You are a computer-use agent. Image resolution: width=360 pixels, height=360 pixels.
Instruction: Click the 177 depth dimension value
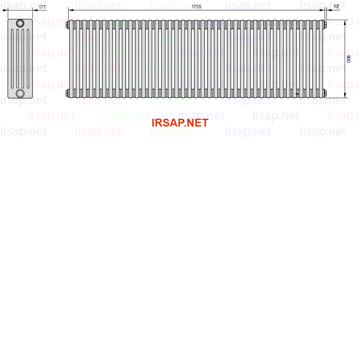[x=42, y=7]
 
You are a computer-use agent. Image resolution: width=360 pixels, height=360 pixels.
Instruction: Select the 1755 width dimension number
[x=197, y=7]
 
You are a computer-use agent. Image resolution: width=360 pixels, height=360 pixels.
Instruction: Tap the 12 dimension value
[x=336, y=7]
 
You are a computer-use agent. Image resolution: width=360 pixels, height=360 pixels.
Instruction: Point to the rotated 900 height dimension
[x=349, y=59]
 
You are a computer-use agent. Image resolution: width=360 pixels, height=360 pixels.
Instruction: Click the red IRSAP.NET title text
[x=180, y=123]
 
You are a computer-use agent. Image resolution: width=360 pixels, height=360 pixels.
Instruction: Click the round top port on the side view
[x=20, y=23]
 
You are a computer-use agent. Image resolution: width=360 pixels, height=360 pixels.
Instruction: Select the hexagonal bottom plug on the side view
[x=20, y=93]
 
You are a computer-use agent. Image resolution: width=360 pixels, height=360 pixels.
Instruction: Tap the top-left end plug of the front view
[x=67, y=25]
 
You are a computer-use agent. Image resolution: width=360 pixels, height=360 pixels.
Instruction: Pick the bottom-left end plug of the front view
[x=67, y=93]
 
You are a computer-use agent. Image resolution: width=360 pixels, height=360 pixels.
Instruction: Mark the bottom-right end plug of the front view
[x=325, y=93]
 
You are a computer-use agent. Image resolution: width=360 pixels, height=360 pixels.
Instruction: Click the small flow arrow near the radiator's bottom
[x=297, y=94]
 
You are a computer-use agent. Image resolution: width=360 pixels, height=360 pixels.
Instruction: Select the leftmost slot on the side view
[x=12, y=59]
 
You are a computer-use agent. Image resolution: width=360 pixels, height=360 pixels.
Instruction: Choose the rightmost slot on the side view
[x=28, y=59]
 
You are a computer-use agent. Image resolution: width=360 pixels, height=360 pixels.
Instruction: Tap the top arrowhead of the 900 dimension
[x=345, y=23]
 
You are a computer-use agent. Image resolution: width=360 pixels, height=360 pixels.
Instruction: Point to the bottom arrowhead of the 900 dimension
[x=345, y=95]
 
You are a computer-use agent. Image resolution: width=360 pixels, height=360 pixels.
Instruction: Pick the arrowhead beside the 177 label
[x=35, y=10]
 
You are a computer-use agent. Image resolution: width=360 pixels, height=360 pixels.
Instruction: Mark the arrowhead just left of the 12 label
[x=329, y=10]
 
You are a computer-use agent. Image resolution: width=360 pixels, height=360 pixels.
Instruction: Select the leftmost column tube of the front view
[x=71, y=59]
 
